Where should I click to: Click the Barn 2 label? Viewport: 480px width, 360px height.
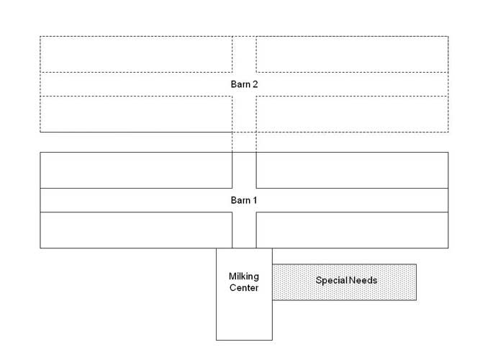click(244, 84)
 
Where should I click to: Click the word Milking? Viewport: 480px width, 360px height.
click(244, 276)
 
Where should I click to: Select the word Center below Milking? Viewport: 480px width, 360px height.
click(244, 288)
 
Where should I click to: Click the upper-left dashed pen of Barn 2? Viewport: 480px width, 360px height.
click(136, 54)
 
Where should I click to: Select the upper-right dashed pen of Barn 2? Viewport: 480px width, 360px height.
click(352, 54)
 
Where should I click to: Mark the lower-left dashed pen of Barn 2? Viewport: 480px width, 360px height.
click(136, 114)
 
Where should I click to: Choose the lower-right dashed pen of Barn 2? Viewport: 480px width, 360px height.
click(352, 114)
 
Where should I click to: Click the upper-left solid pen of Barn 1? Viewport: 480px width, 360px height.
click(136, 170)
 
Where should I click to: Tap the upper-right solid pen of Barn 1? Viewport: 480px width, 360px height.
click(352, 170)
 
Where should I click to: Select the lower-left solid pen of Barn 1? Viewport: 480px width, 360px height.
click(136, 230)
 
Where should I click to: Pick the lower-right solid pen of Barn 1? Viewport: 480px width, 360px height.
click(352, 230)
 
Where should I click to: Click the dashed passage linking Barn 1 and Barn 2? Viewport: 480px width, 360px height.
click(244, 142)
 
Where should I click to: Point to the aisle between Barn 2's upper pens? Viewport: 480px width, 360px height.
click(244, 54)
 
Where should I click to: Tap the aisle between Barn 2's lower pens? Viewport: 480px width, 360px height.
click(244, 114)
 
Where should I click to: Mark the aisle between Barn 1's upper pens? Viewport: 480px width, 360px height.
click(244, 170)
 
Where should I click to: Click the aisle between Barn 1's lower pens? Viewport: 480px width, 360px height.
click(244, 230)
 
